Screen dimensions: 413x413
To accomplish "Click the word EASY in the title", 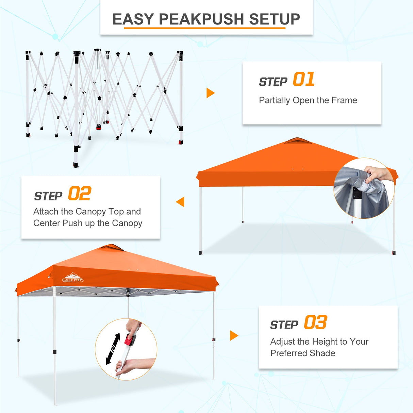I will click(133, 19).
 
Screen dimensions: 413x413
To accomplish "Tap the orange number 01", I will click(303, 80).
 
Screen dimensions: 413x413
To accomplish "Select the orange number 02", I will click(79, 194).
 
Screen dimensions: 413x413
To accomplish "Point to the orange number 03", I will click(315, 323).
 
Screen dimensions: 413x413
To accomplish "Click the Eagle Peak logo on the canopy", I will click(73, 278).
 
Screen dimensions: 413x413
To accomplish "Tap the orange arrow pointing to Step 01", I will click(210, 93).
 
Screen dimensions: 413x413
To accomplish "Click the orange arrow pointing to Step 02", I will click(180, 202).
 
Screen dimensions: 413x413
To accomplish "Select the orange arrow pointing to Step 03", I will click(234, 335).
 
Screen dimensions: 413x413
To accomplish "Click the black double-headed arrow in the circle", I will click(113, 349).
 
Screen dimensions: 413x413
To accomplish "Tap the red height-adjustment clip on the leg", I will click(130, 340).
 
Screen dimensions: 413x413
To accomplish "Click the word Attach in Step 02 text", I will click(46, 212).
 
